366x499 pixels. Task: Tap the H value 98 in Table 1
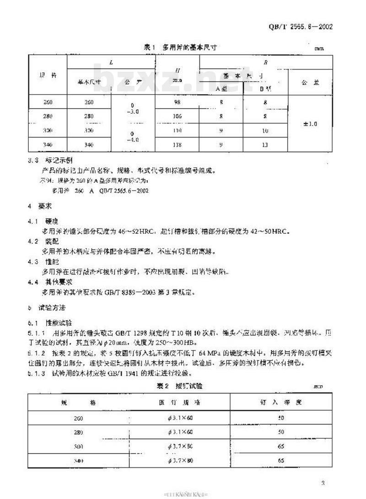177,102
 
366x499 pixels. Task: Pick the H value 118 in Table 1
177,145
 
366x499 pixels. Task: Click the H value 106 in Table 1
177,117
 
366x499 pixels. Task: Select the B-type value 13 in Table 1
264,145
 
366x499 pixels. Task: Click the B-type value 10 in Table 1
264,131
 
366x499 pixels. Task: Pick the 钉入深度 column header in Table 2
280,403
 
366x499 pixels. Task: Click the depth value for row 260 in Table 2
281,418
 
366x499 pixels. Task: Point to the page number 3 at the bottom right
323,482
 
